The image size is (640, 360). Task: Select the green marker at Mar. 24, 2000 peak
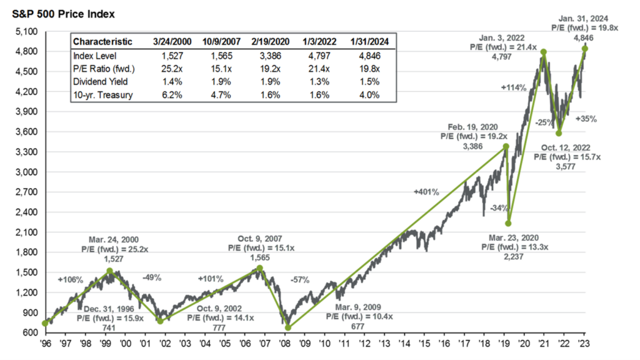pyautogui.click(x=109, y=271)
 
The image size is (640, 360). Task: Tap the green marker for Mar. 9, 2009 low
pyautogui.click(x=288, y=327)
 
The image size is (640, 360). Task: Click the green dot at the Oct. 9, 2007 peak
pyautogui.click(x=260, y=268)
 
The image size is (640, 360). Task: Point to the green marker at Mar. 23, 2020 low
pyautogui.click(x=509, y=223)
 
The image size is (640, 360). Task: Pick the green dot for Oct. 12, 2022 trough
pyautogui.click(x=559, y=133)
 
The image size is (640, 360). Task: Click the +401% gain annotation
pyautogui.click(x=425, y=192)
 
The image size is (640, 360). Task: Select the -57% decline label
pyautogui.click(x=300, y=279)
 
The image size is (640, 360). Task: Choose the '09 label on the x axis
pyautogui.click(x=304, y=344)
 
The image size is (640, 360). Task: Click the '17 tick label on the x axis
pyautogui.click(x=464, y=344)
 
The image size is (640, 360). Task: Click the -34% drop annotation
pyautogui.click(x=498, y=207)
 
